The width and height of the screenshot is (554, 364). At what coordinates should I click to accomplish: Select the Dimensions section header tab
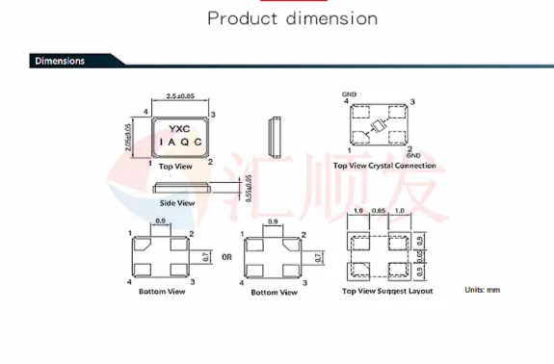[60, 61]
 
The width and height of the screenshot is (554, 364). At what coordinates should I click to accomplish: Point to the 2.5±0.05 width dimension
[181, 96]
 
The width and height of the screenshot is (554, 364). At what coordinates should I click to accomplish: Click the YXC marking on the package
[179, 127]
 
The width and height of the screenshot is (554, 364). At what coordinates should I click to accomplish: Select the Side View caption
[176, 203]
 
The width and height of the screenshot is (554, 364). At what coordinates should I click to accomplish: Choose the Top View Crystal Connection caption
[383, 166]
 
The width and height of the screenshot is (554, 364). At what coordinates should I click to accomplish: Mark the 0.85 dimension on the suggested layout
[378, 211]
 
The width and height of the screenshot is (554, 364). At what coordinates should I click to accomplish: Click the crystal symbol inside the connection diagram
[378, 125]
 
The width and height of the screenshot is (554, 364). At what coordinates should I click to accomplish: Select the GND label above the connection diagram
[349, 93]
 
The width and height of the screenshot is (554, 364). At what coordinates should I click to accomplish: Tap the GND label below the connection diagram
[414, 155]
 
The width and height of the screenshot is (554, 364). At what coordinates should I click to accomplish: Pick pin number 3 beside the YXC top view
[211, 115]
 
